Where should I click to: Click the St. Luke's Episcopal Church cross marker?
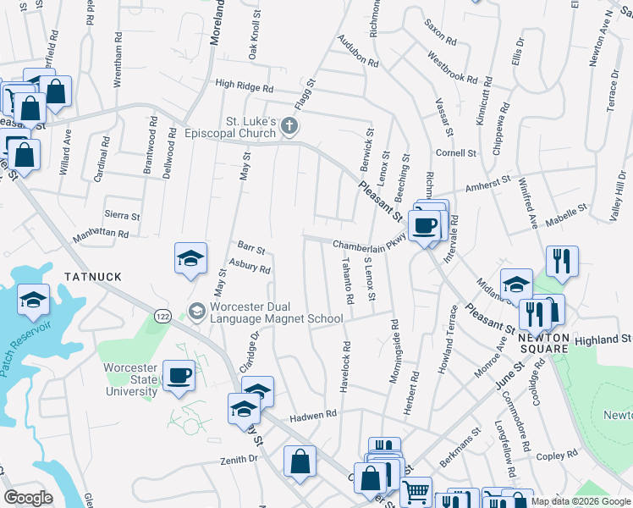pos(289,127)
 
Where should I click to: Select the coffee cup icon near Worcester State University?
pos(178,375)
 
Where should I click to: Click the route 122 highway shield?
pos(162,316)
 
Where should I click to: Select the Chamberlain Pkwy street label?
pos(369,245)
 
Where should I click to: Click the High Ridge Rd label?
pos(245,86)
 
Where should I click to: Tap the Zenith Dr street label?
pos(239,459)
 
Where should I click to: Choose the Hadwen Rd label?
pos(313,415)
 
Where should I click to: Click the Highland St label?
pos(603,340)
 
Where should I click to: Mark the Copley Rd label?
pos(556,455)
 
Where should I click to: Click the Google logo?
pos(30,498)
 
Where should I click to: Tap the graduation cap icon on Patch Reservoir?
pos(34,300)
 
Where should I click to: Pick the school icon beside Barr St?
pos(191,258)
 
